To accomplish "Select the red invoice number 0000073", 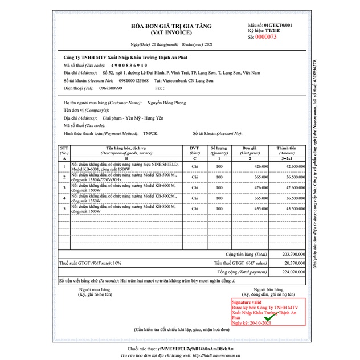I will point(265,36).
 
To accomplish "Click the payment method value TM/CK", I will point(152,132).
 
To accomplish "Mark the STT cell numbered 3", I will point(64,187).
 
